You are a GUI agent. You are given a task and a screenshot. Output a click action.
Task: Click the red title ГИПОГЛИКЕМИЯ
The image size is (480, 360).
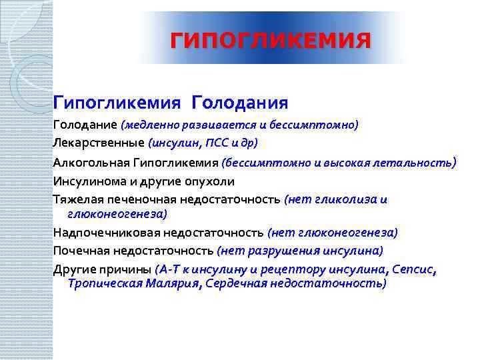(270, 41)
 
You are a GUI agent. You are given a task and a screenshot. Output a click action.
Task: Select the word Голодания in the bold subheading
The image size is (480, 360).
(239, 103)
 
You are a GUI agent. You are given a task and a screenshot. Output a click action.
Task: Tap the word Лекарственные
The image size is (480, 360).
(99, 142)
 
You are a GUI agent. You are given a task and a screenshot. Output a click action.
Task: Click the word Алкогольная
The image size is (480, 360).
(90, 162)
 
